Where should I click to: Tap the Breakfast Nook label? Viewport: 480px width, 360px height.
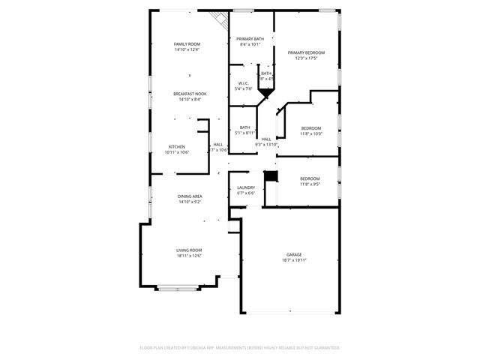click(x=190, y=94)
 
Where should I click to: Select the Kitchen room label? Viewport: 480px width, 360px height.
click(x=177, y=146)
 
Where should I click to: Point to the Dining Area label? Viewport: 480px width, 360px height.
click(x=190, y=196)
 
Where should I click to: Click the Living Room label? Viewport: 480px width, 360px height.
click(x=189, y=250)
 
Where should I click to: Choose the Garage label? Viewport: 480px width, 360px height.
click(x=294, y=254)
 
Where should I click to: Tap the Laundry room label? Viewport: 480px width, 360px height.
click(x=246, y=187)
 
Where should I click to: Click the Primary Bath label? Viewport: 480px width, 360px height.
click(x=250, y=39)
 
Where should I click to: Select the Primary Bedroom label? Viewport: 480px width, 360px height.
click(x=306, y=52)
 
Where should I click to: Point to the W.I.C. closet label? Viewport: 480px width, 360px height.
click(x=244, y=83)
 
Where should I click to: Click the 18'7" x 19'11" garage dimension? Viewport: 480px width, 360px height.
click(x=294, y=260)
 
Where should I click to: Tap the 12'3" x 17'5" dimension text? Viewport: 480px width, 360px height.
click(x=306, y=58)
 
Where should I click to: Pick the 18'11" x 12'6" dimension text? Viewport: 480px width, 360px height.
click(x=189, y=256)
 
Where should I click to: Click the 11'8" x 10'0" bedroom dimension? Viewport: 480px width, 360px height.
click(x=310, y=134)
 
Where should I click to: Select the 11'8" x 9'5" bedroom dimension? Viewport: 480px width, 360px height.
click(x=310, y=184)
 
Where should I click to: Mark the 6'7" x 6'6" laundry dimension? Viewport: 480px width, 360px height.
click(x=246, y=193)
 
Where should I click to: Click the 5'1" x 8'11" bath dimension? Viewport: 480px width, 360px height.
click(x=245, y=133)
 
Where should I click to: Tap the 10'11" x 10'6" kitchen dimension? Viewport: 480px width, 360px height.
click(x=177, y=152)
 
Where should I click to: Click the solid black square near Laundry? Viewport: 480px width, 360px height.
click(x=271, y=177)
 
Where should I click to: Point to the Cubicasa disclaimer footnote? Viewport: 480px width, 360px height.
click(x=240, y=348)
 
